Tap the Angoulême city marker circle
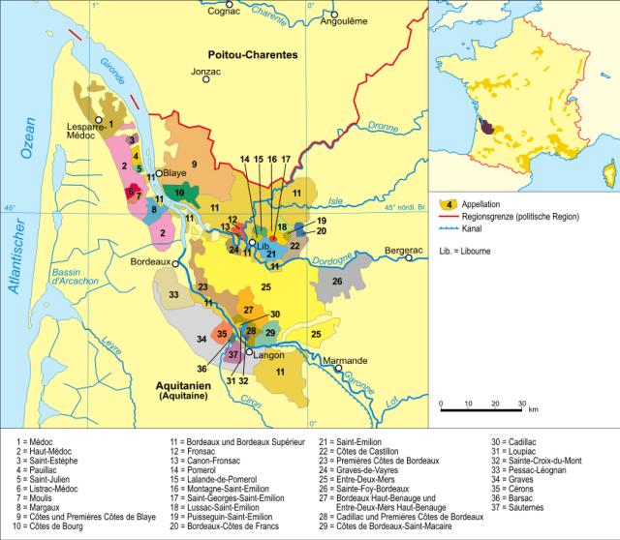pos(334,15)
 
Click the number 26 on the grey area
pos(337,281)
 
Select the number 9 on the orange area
pos(194,165)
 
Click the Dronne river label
pos(384,126)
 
